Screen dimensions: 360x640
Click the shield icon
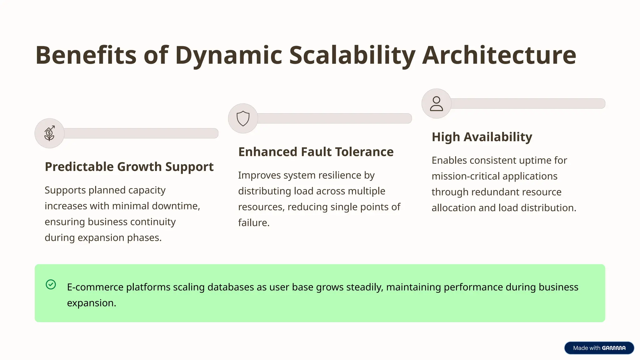pos(243,118)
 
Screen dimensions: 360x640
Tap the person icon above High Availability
pos(436,104)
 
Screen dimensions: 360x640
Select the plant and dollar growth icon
pos(49,133)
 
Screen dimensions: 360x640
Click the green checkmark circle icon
pos(51,284)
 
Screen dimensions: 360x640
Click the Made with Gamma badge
pos(599,348)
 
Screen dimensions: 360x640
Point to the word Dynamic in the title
pos(228,55)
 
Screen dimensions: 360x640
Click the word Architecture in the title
pos(499,55)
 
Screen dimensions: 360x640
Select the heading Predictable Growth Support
pos(129,167)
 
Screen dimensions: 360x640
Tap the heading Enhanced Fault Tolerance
pos(316,152)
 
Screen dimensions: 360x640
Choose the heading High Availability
pos(482,137)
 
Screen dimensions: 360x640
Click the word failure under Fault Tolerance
pos(253,222)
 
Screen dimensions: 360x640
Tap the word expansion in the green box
pos(91,303)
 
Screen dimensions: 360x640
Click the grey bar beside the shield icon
pos(334,118)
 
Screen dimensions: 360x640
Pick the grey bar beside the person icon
pos(528,104)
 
